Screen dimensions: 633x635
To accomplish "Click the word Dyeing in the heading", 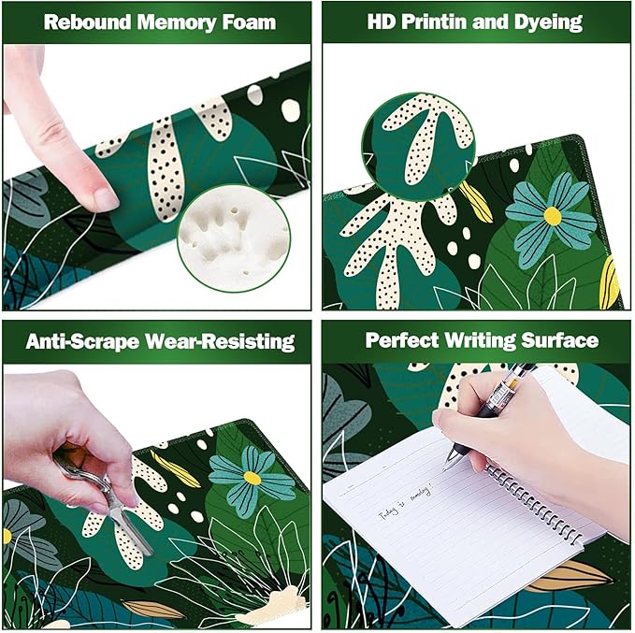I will point(548,22).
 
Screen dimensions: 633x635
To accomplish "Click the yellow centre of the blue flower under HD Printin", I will point(553,216).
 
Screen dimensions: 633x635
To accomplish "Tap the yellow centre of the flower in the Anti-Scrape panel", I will point(252,478).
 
